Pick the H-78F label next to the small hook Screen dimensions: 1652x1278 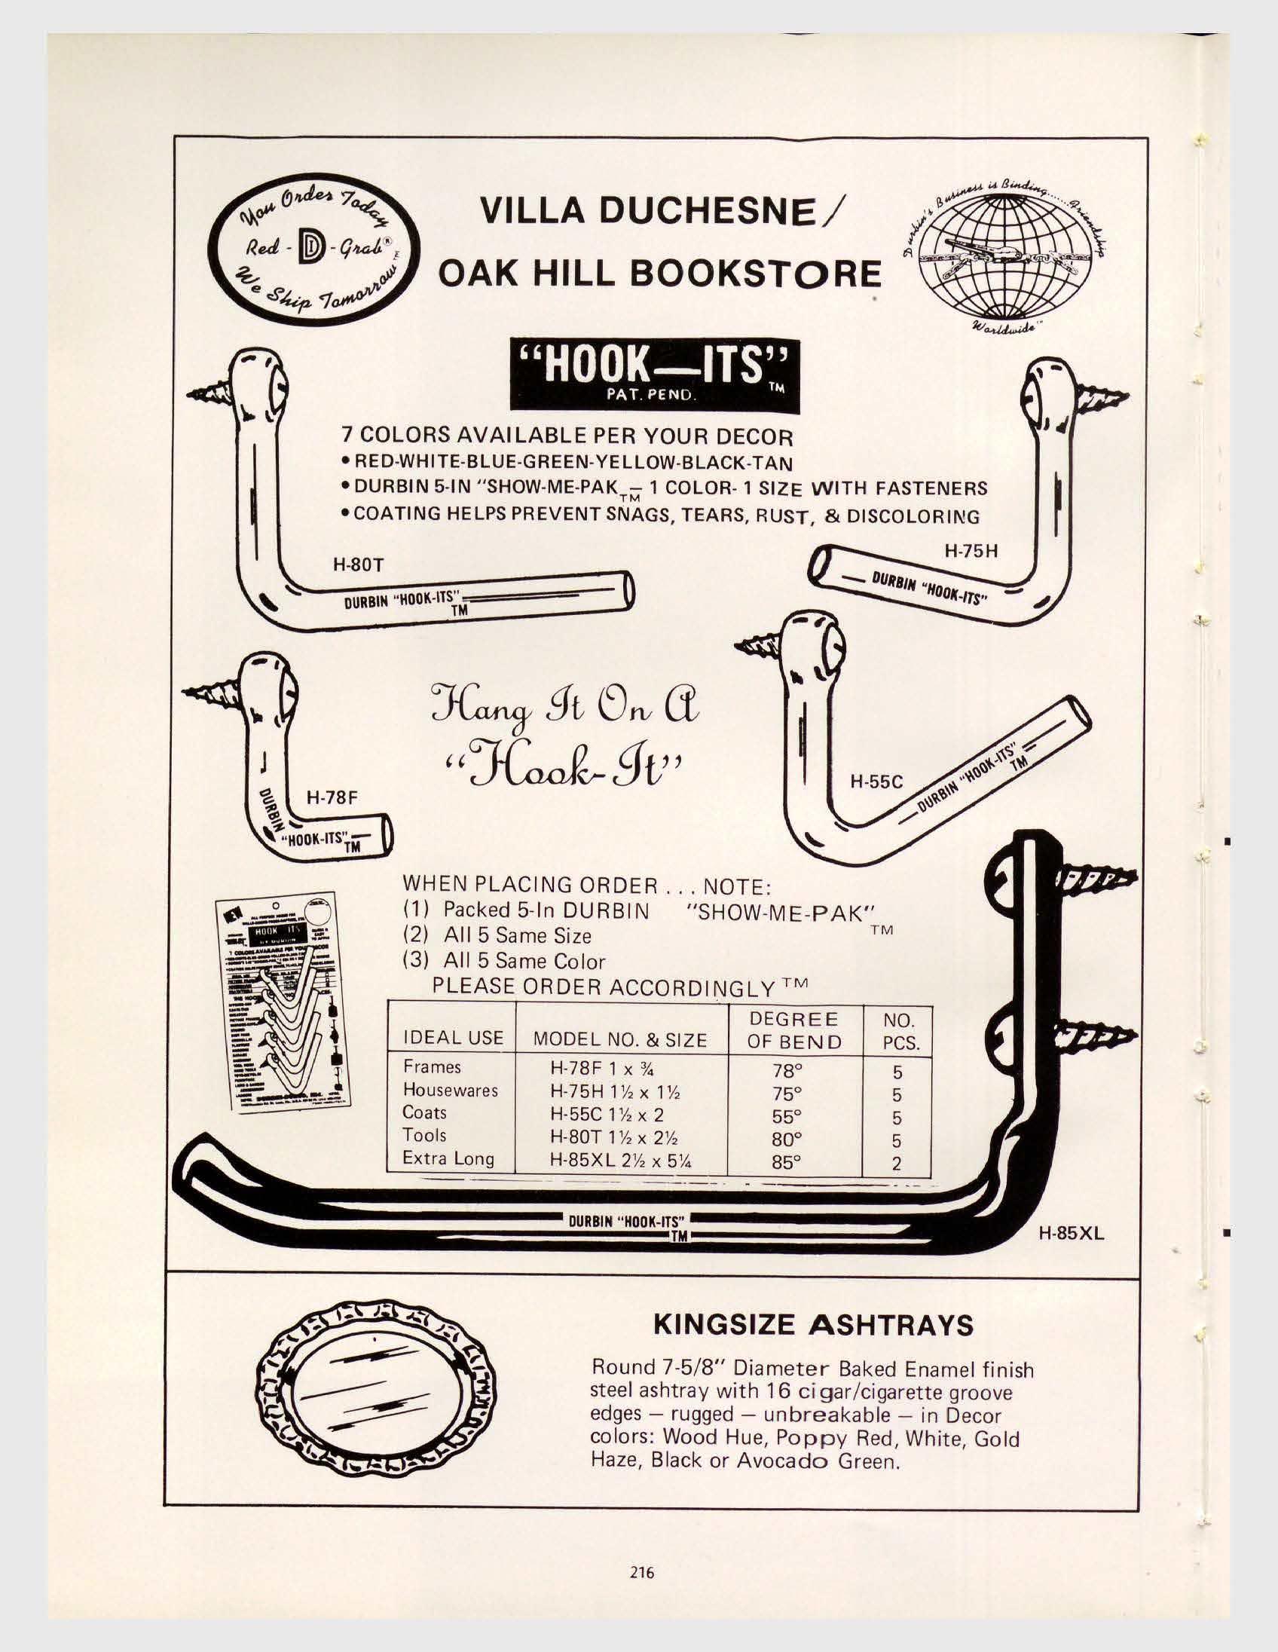[x=331, y=797]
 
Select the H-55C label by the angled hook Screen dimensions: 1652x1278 [x=877, y=782]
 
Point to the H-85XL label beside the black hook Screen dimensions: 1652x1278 [x=1071, y=1234]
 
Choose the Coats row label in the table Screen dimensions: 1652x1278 [x=424, y=1112]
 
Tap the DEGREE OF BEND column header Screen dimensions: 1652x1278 [x=794, y=1030]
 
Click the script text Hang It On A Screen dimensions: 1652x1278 [x=564, y=711]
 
